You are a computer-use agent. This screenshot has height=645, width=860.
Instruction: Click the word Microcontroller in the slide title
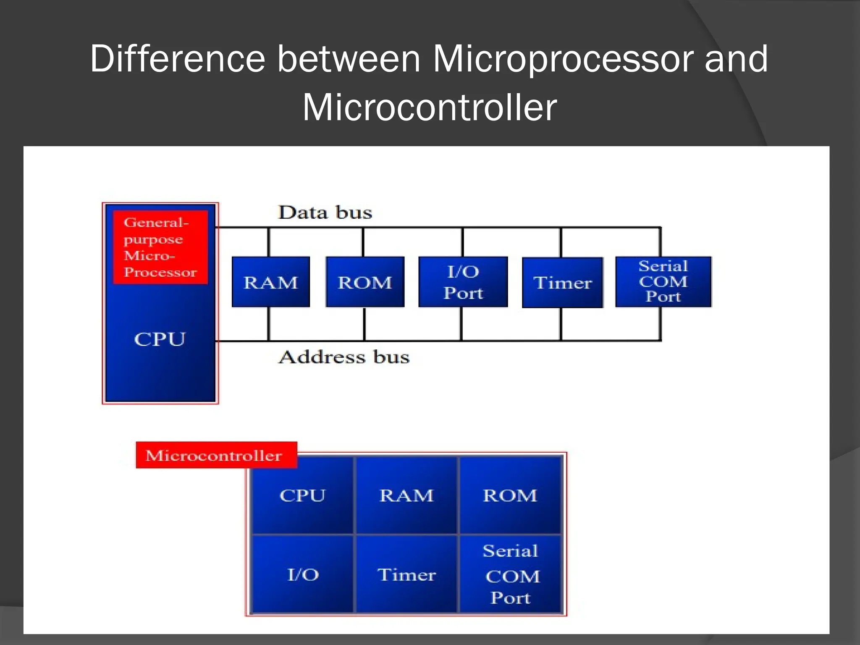430,107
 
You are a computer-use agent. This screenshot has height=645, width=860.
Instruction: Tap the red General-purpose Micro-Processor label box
160,247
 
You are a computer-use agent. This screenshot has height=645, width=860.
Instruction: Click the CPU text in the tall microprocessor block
160,339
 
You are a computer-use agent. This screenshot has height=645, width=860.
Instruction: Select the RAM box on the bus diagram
271,282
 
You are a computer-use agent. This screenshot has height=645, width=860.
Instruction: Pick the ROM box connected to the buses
365,282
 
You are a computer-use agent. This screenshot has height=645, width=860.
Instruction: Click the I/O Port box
463,282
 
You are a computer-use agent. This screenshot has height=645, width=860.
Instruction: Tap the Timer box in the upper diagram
562,283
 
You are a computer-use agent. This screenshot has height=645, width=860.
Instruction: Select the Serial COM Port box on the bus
663,281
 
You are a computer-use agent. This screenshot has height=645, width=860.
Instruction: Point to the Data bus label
325,212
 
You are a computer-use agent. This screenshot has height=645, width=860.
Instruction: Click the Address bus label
344,357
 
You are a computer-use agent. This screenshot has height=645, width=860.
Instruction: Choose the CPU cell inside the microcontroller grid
302,496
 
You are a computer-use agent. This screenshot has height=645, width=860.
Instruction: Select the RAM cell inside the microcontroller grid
406,496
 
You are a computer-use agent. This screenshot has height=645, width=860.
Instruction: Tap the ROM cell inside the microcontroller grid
510,496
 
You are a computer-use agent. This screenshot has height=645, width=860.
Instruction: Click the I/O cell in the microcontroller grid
302,574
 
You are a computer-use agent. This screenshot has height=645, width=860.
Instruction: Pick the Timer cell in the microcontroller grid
406,574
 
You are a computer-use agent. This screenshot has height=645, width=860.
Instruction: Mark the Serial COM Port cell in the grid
511,574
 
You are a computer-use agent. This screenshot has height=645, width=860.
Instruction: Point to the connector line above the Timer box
561,243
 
